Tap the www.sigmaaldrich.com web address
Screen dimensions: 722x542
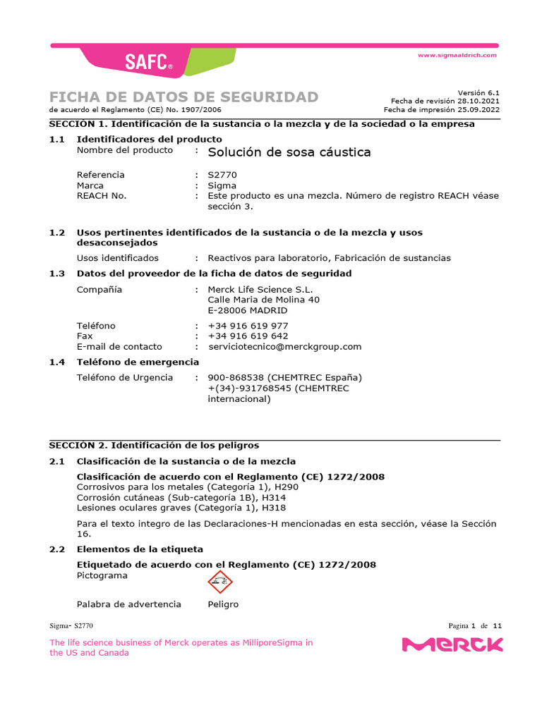(457, 55)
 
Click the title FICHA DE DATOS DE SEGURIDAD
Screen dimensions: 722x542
(183, 97)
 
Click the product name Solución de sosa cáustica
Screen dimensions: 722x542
(289, 152)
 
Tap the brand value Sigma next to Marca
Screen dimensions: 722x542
(222, 185)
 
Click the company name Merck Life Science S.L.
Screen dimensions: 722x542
(260, 289)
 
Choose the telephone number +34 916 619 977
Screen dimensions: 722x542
(248, 326)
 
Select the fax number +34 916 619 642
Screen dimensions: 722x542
(248, 336)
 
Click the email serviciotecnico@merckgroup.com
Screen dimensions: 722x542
(285, 347)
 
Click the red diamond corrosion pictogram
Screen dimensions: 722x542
(219, 582)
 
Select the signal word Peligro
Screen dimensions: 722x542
(223, 604)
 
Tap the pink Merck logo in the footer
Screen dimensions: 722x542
(452, 644)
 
